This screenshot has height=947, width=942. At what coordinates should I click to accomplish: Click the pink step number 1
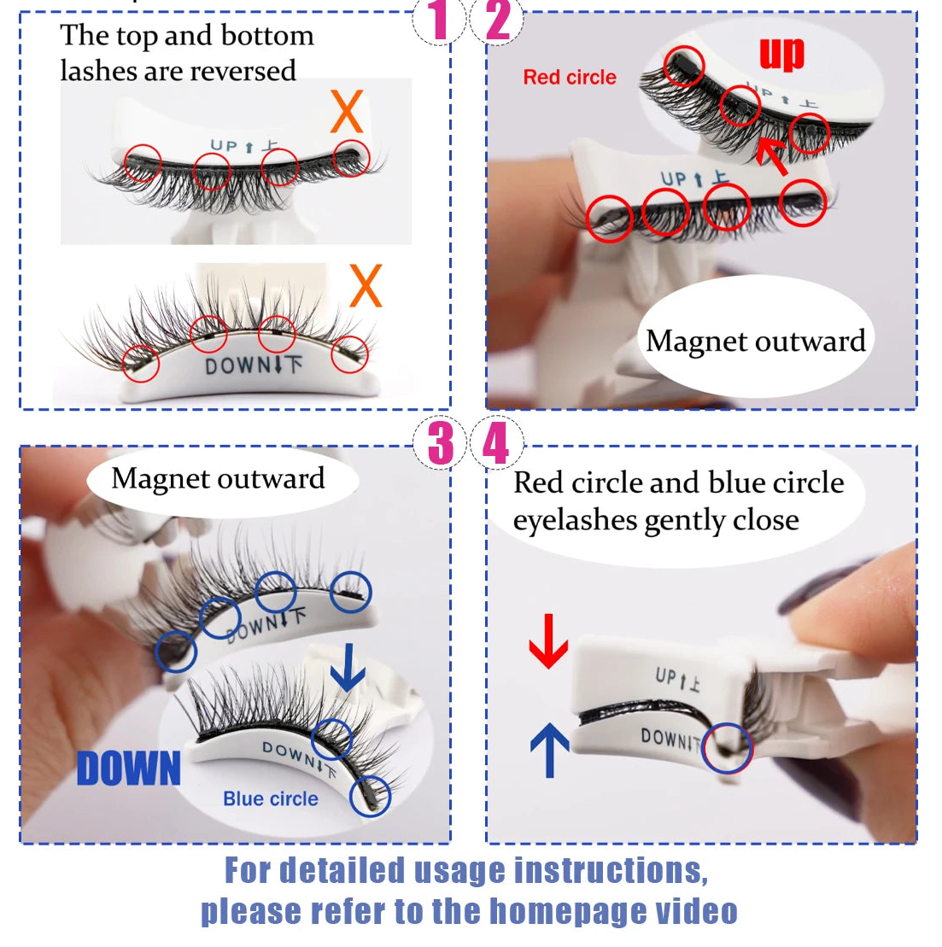(x=439, y=20)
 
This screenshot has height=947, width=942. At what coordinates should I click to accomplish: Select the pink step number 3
(x=440, y=442)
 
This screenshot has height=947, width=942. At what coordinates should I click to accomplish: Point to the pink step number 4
(x=496, y=443)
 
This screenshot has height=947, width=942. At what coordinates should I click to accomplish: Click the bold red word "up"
(x=781, y=53)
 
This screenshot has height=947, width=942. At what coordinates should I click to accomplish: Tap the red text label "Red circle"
(x=570, y=77)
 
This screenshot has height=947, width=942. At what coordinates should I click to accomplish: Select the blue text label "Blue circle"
(x=270, y=798)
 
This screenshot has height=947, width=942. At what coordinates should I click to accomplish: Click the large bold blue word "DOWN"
(x=129, y=769)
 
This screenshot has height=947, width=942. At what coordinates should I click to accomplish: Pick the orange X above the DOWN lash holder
(x=366, y=286)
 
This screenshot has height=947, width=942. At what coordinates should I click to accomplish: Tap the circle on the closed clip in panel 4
(x=728, y=747)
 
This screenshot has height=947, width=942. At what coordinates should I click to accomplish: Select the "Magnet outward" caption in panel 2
(x=756, y=341)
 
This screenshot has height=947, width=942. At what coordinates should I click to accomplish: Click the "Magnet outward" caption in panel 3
(x=218, y=478)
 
